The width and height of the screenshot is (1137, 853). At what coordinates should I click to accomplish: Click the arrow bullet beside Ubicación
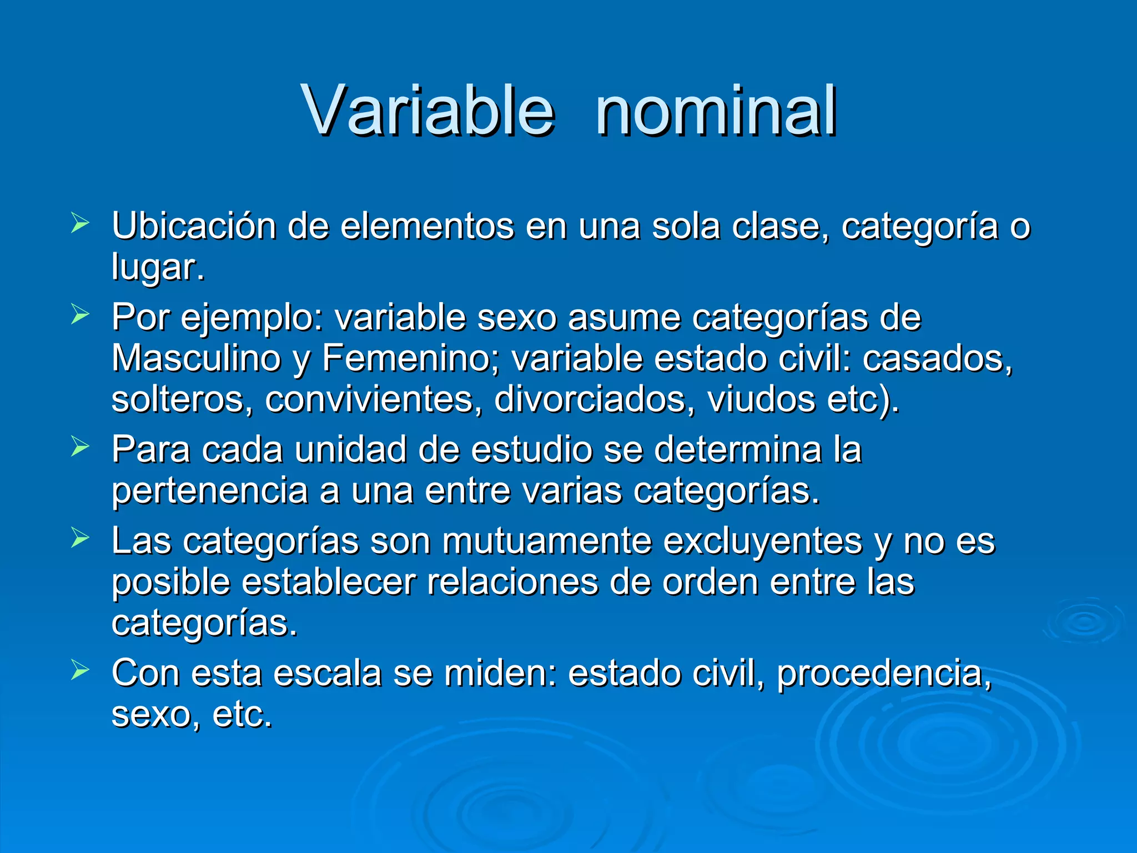pos(80,224)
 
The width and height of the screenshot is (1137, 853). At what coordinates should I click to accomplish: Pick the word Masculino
pos(196,358)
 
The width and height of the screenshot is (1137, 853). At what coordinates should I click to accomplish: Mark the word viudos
pos(761,399)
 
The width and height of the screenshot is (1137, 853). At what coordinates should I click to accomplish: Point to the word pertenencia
pos(209,491)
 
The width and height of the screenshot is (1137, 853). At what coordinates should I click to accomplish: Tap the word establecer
pos(329,582)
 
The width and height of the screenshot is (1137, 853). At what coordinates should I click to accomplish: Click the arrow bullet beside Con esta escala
pos(80,670)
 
